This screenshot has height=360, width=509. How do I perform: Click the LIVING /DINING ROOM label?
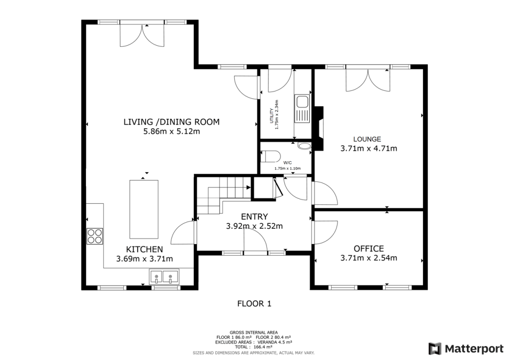click(x=171, y=122)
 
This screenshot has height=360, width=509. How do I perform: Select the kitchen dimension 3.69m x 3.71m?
click(x=144, y=259)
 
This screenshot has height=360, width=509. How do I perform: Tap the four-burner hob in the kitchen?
click(x=95, y=236)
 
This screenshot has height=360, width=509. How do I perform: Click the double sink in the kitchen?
click(x=164, y=276)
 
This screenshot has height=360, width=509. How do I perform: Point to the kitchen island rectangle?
click(x=144, y=209)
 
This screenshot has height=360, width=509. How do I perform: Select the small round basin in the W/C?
click(x=304, y=146)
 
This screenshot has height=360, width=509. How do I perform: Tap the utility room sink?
click(x=302, y=109)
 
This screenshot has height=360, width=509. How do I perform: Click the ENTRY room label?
click(x=254, y=216)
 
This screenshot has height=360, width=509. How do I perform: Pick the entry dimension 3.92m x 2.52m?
click(x=254, y=226)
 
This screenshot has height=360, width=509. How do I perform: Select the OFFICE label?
click(x=368, y=248)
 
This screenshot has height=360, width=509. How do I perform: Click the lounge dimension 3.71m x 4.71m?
click(x=368, y=148)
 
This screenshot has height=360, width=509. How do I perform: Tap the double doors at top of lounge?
click(x=368, y=79)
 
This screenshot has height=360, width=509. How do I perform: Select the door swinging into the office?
click(x=325, y=233)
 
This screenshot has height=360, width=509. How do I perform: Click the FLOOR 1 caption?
click(x=254, y=303)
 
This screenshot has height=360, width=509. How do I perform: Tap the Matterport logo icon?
click(x=435, y=348)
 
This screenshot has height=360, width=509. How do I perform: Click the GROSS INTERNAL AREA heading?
click(x=254, y=332)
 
